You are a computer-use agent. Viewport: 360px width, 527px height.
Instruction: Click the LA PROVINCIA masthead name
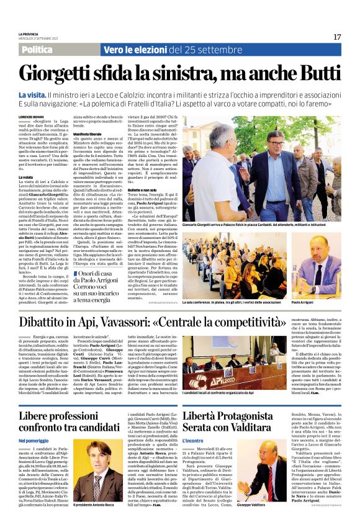pos(29,34)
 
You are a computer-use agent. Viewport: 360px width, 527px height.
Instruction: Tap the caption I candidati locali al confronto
pos(218,377)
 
